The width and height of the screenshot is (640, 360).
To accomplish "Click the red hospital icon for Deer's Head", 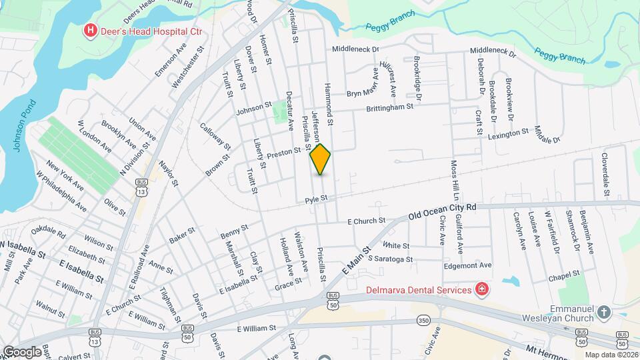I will point(89,30).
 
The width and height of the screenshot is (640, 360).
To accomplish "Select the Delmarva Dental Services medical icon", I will point(480,289).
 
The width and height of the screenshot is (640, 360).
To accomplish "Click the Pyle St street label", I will point(317,199).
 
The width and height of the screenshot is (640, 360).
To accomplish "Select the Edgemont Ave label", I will point(467,265).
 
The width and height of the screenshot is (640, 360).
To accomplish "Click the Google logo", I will point(21,351).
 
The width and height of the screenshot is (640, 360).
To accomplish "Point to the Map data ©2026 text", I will point(611,354).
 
